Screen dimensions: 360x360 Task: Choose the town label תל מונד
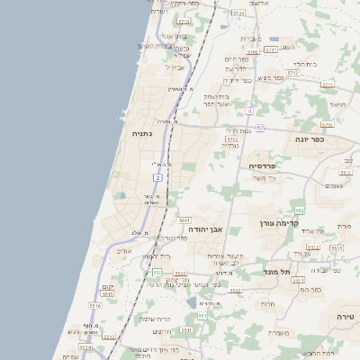[274, 272]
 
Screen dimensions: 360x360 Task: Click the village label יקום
[107, 286]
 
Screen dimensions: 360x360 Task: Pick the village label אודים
[124, 252]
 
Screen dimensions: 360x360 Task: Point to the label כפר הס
[311, 291]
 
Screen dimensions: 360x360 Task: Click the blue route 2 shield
[157, 178]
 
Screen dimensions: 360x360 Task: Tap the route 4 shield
[248, 111]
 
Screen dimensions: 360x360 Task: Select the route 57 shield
[260, 129]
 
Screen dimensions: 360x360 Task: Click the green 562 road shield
[299, 210]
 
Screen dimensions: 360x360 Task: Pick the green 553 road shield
[157, 272]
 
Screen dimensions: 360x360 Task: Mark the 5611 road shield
[184, 220]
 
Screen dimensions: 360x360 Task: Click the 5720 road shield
[238, 14]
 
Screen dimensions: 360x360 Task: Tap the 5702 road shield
[232, 139]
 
